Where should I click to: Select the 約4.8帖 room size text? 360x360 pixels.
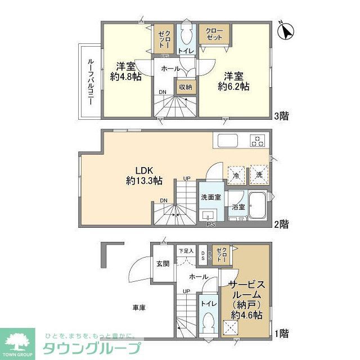click(x=125, y=71)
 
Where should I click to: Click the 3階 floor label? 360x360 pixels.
click(x=282, y=116)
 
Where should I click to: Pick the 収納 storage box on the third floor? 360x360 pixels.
click(x=185, y=87)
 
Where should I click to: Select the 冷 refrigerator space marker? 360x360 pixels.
click(x=236, y=173)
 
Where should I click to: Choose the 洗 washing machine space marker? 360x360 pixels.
click(x=259, y=173)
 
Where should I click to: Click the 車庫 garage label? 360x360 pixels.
click(x=139, y=308)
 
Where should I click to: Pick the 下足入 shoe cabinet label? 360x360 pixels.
click(x=186, y=251)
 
